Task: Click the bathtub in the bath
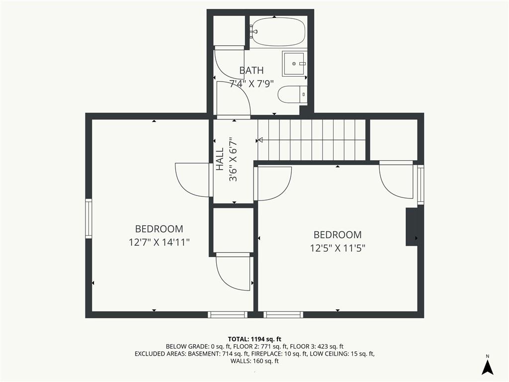coord(278,32)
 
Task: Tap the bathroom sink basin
coord(294,63)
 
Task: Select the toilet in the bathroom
coord(292,95)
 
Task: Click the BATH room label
coord(251,70)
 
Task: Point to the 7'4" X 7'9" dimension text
coord(251,84)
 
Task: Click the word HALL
coord(220,159)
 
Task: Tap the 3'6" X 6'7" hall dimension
coord(233,160)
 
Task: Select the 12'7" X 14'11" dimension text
coord(159,242)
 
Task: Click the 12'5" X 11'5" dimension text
coord(338,248)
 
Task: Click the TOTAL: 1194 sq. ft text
coord(254,339)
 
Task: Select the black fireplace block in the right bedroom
coord(412,227)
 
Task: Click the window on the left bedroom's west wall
coord(88,219)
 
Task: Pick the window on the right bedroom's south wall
coord(283,314)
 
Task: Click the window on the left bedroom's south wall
coord(228,314)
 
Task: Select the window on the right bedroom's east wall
coord(421,185)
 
